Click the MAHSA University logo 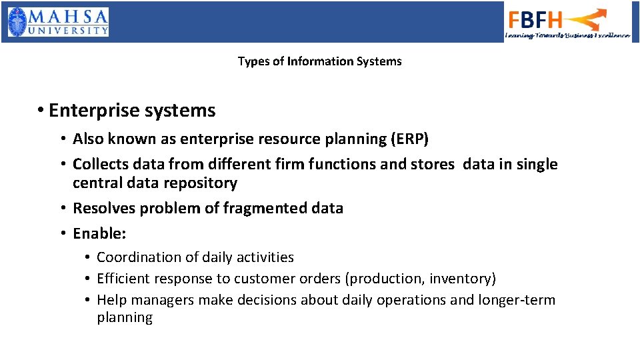pyautogui.click(x=58, y=22)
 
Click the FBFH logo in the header pyautogui.click(x=567, y=22)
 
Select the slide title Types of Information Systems pyautogui.click(x=319, y=61)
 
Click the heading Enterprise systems pyautogui.click(x=132, y=110)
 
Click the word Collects pyautogui.click(x=98, y=164)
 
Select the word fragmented pyautogui.click(x=256, y=208)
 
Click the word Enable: pyautogui.click(x=99, y=233)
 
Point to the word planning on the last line pyautogui.click(x=125, y=318)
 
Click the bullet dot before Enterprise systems pyautogui.click(x=41, y=111)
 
